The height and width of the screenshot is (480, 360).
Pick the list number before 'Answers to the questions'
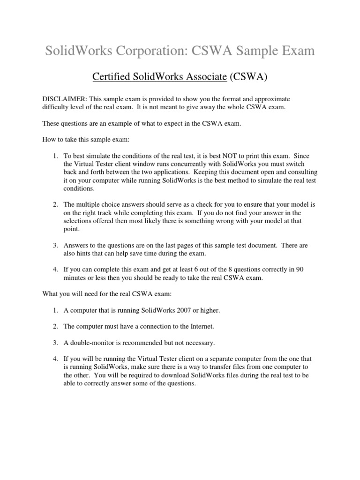pyautogui.click(x=55, y=245)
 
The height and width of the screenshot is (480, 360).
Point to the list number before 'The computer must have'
pyautogui.click(x=55, y=326)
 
